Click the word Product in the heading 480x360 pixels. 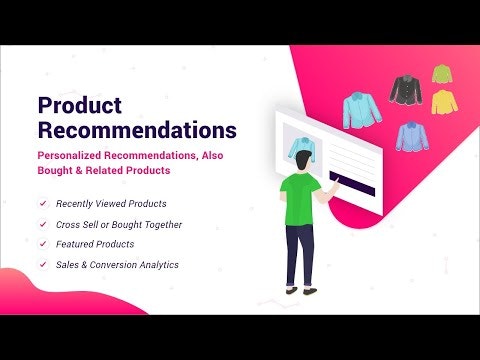(79, 106)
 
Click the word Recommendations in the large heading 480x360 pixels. (137, 130)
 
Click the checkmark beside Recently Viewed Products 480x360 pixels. (42, 204)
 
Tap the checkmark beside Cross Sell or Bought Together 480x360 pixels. (42, 224)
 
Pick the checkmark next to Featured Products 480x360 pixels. (42, 244)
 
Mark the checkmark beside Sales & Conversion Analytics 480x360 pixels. (42, 264)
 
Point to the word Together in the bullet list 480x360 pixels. (160, 224)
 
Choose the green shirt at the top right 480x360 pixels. (441, 74)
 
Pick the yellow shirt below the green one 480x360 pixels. (442, 100)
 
